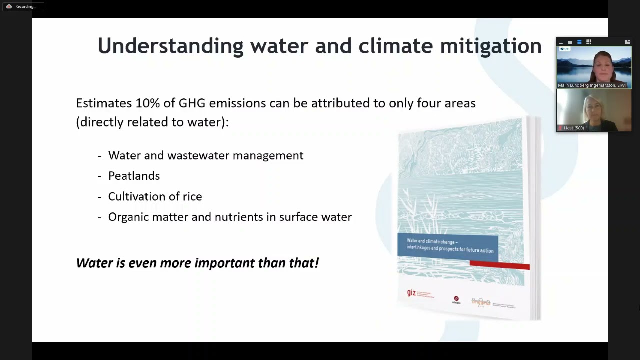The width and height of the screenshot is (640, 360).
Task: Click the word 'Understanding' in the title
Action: point(170,46)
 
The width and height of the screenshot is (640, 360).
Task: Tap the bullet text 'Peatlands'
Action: point(134,176)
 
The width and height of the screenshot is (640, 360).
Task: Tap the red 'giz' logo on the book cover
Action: point(411,293)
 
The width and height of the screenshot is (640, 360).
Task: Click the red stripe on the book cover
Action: point(499,265)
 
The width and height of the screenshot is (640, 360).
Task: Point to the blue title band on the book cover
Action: point(448,246)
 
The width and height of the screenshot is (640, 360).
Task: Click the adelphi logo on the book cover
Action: point(456,300)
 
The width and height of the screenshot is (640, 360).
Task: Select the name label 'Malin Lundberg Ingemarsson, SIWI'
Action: point(591,85)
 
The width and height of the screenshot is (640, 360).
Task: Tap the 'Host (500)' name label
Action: point(573,128)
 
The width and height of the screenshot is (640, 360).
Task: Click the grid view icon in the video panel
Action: point(589,42)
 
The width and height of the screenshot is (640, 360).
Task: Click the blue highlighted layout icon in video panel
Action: point(579,42)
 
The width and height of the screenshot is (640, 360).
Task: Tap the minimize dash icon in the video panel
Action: point(561,42)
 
